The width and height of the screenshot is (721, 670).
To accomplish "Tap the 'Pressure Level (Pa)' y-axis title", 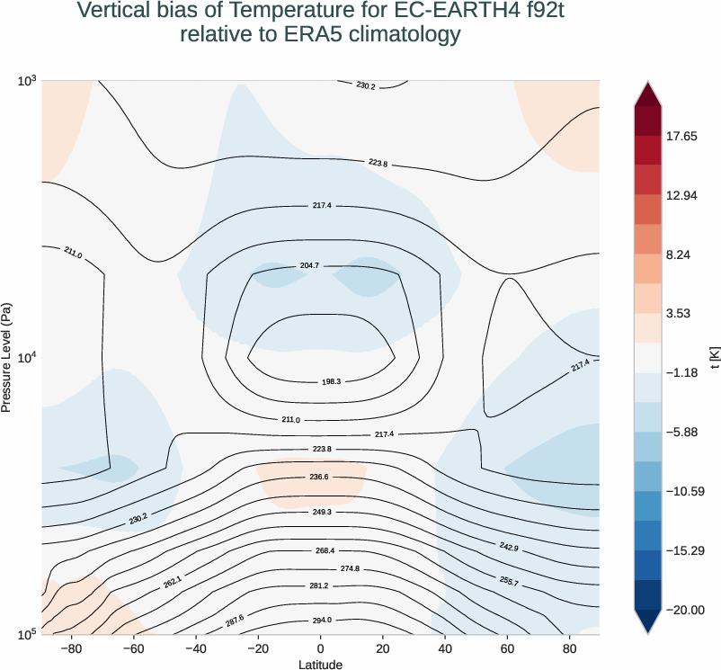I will pyautogui.click(x=7, y=358).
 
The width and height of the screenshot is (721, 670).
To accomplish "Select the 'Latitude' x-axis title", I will pyautogui.click(x=320, y=664).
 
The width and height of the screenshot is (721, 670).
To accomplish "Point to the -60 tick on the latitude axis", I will pyautogui.click(x=133, y=648).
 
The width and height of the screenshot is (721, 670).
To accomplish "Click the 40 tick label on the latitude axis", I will pyautogui.click(x=445, y=648).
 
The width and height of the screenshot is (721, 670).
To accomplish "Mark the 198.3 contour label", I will pyautogui.click(x=332, y=382).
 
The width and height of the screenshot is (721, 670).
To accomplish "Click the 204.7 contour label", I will pyautogui.click(x=308, y=267).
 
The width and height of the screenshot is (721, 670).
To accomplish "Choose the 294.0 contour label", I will pyautogui.click(x=321, y=621).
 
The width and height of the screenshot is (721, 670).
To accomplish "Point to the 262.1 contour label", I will pyautogui.click(x=173, y=583).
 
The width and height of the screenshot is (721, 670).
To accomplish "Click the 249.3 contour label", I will pyautogui.click(x=321, y=512).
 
